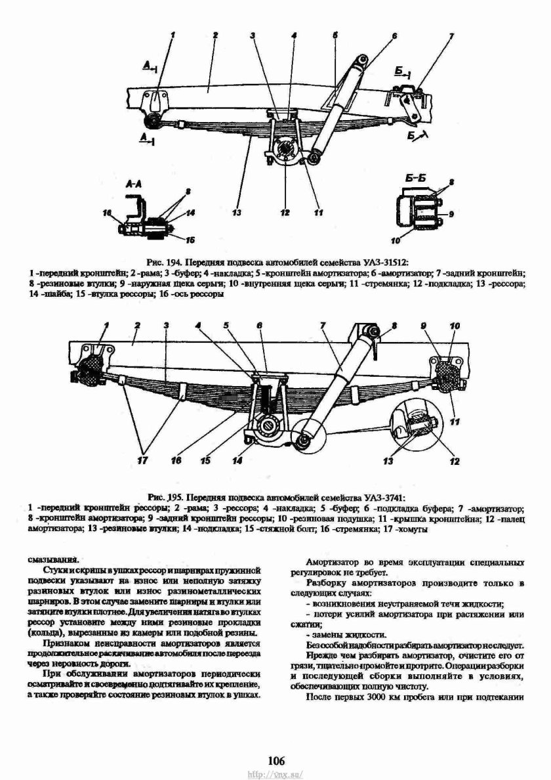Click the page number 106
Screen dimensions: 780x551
pos(275,761)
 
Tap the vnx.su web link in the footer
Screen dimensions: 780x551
pos(275,774)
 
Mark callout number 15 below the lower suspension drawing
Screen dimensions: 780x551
pos(206,461)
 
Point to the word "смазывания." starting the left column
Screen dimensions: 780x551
pos(51,559)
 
